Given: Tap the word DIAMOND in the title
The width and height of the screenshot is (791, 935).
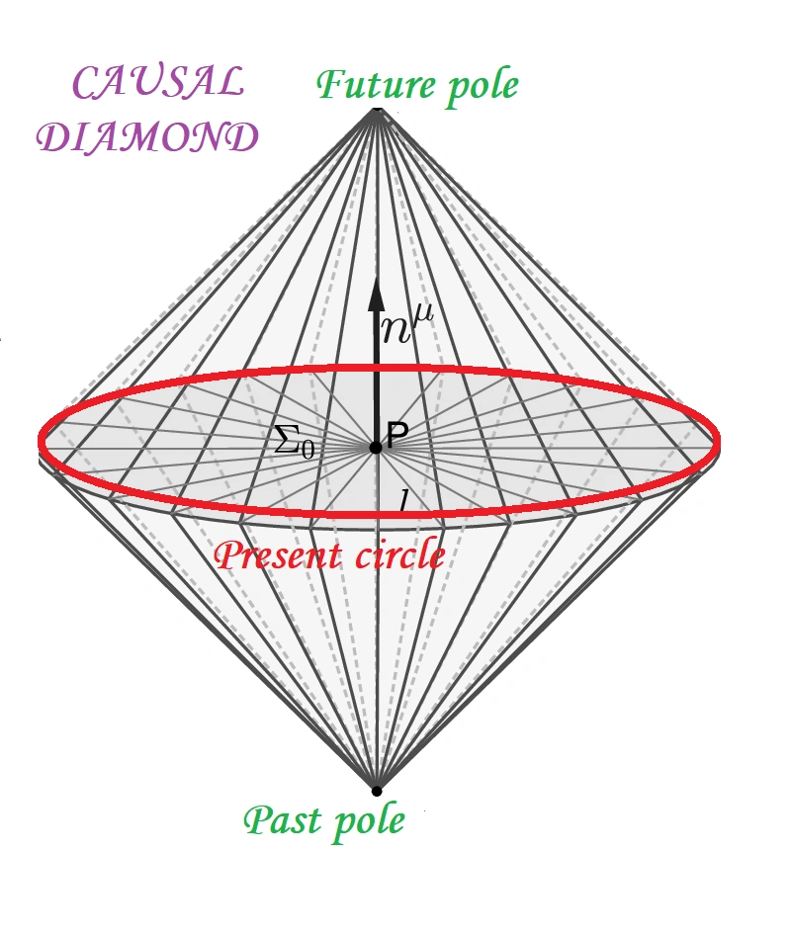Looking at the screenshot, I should [x=147, y=137].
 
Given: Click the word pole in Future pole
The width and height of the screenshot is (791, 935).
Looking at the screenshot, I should [x=479, y=87].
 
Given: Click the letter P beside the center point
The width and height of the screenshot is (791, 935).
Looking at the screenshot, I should [x=398, y=436].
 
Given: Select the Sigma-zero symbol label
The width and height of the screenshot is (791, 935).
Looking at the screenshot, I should [x=294, y=444].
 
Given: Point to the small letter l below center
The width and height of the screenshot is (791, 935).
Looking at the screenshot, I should [x=403, y=500].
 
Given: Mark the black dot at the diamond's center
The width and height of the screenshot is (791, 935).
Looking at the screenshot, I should [x=376, y=448].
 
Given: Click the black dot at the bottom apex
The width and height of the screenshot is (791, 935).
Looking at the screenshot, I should [x=376, y=790].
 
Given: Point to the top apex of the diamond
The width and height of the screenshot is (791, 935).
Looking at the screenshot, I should [x=376, y=108].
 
